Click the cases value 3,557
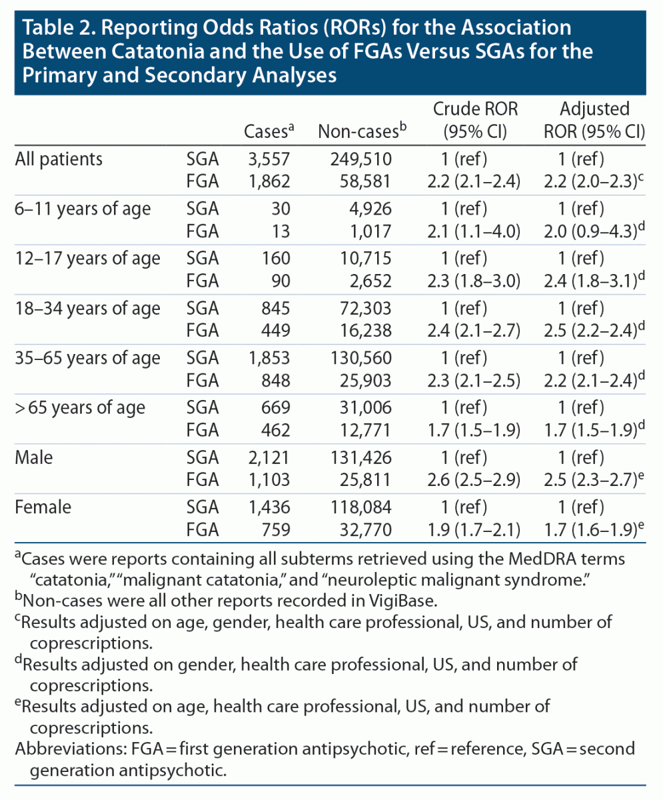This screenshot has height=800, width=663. tap(267, 159)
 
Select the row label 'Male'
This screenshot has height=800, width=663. tap(36, 458)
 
